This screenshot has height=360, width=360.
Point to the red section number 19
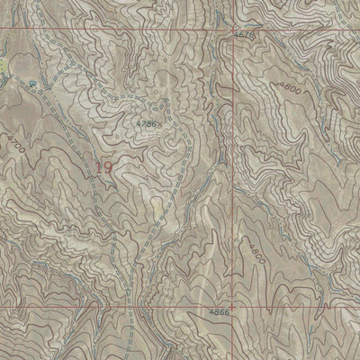pos(104,166)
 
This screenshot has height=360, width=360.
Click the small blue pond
pos(33,83)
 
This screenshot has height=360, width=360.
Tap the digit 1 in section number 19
pos(99,166)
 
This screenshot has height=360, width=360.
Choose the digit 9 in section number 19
pos(110,166)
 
